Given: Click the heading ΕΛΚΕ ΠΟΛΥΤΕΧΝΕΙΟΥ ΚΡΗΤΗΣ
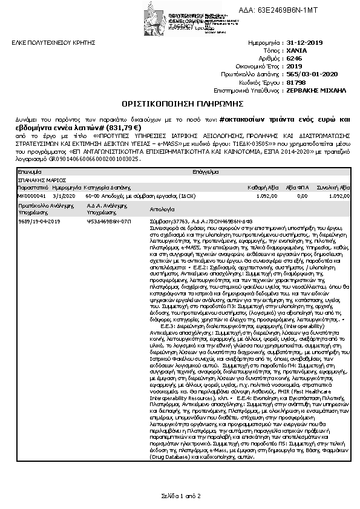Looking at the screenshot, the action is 46,44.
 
